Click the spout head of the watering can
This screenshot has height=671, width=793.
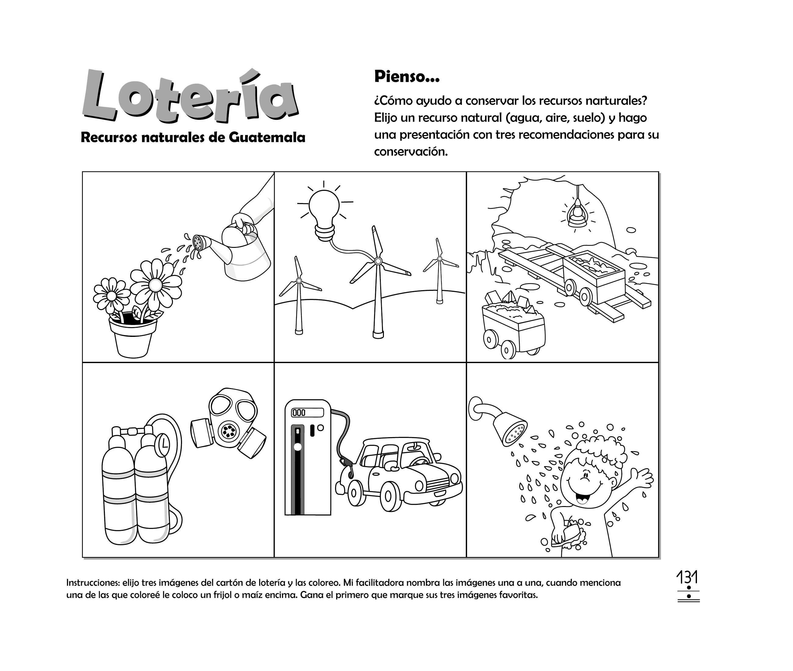(199, 242)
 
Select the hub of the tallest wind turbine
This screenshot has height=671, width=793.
(378, 261)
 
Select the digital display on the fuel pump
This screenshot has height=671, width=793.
(307, 413)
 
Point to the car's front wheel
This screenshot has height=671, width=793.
(388, 496)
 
